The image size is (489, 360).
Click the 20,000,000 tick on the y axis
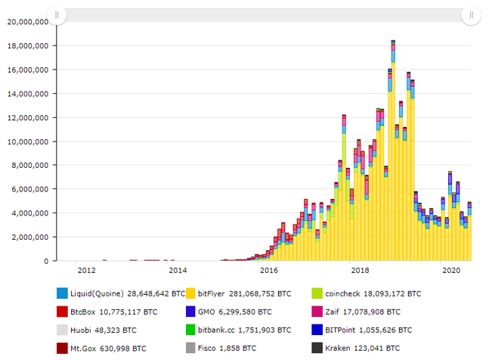tap(27, 21)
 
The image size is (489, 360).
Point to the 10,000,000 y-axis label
tap(27, 141)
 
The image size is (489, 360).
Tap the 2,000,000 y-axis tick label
tap(29, 237)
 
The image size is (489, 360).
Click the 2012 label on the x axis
tap(85, 270)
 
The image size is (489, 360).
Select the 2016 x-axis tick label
tap(268, 270)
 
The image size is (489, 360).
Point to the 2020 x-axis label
tap(451, 270)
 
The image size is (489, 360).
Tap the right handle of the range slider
tap(471, 15)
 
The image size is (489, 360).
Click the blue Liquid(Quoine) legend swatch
tap(62, 293)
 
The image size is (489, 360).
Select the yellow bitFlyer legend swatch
tap(191, 293)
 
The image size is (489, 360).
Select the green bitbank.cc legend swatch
tap(191, 330)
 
